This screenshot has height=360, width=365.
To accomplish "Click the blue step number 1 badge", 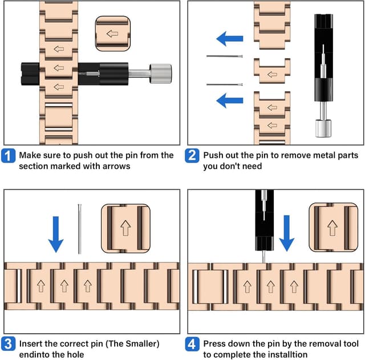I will (9, 156).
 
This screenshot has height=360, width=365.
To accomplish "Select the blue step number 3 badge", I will (9, 344).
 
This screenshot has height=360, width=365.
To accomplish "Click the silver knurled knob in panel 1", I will (160, 74).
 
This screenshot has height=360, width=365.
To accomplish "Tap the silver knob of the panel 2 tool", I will (319, 127).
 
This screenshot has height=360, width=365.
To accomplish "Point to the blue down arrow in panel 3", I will (55, 234).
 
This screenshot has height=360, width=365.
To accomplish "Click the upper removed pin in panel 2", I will (225, 56).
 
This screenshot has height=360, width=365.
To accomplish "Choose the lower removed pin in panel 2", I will (225, 84).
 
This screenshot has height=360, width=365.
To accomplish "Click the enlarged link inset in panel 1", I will (112, 34).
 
